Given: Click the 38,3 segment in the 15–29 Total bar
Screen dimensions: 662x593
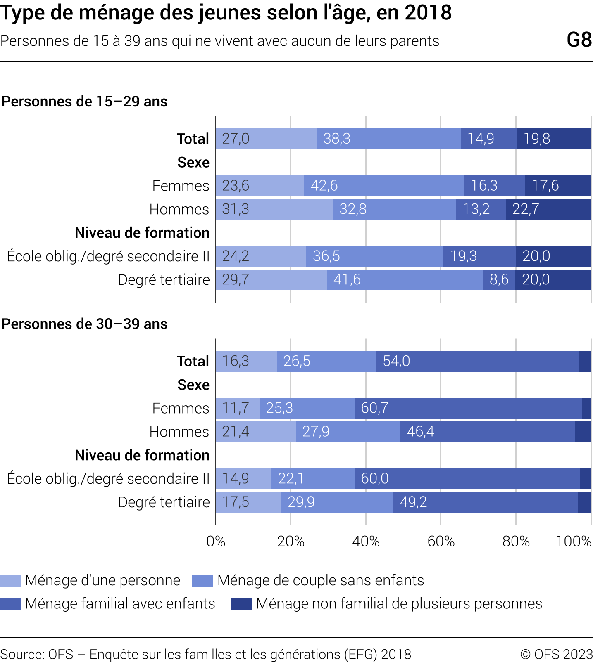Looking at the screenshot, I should [388, 139].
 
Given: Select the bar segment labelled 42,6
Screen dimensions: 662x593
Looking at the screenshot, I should [383, 186].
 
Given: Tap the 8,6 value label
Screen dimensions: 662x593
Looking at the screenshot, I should [499, 280].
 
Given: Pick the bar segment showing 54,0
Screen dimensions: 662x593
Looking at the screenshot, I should [477, 361].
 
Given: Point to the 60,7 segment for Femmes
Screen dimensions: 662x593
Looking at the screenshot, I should [468, 408].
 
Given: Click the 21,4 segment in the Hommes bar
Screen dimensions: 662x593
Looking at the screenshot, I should [255, 432].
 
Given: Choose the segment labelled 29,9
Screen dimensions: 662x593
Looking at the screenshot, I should [337, 502].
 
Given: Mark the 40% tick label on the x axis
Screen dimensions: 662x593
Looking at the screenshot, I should [366, 541].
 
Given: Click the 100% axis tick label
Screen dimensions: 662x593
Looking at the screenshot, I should [574, 541].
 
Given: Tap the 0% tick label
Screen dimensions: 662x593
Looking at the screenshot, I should [216, 541].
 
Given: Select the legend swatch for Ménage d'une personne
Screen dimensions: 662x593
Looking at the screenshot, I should [10, 580].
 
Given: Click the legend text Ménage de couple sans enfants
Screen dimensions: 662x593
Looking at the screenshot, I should [320, 580].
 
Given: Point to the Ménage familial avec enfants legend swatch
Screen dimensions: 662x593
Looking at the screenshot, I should [10, 603].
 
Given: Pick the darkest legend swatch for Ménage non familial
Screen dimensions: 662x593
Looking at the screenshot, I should [241, 603].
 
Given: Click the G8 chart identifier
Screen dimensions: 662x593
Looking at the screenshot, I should [579, 40].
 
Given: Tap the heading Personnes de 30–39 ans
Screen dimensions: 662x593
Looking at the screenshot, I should [84, 324].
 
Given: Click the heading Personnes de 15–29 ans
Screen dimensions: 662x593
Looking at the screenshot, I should [84, 102].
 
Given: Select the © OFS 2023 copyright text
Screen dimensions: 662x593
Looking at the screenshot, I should [556, 654].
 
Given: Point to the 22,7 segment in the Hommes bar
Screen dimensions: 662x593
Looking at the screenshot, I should [548, 209].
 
